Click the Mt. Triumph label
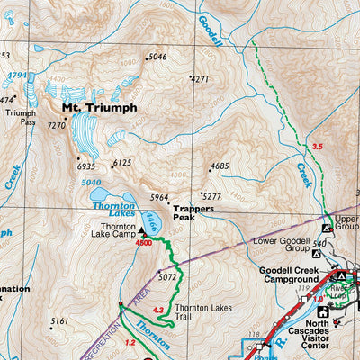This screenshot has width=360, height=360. [99, 107]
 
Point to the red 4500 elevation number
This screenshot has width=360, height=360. [143, 243]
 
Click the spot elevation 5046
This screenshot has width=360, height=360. [157, 58]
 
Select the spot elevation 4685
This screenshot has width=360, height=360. [220, 166]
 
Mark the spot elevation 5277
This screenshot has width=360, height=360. [211, 196]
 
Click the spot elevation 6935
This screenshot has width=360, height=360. [85, 166]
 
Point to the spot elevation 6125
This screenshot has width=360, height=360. [122, 163]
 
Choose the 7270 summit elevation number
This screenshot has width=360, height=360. [56, 125]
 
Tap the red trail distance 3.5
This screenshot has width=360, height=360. [316, 146]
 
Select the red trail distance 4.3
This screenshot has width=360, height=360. [158, 310]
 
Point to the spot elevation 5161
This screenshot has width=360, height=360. [59, 320]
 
